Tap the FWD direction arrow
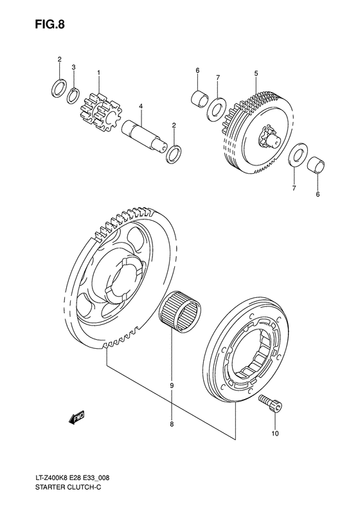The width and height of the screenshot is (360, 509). point(77,419)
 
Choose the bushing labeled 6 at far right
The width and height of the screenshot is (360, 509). point(315,165)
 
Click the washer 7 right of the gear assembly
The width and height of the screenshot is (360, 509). point(296,156)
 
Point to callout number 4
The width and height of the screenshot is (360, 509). point(139,106)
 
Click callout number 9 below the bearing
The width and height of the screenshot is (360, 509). point(172,385)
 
